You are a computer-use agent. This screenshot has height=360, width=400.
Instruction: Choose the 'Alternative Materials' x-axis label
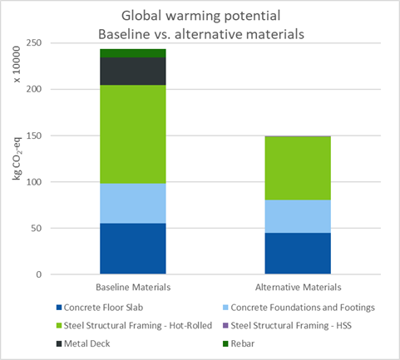coord(299,287)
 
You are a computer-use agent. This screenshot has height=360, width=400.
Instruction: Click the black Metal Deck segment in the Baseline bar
coord(133,72)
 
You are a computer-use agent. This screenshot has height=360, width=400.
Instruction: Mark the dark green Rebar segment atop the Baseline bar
coord(133,53)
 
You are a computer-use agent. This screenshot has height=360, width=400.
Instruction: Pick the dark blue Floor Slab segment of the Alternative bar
coord(299,253)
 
